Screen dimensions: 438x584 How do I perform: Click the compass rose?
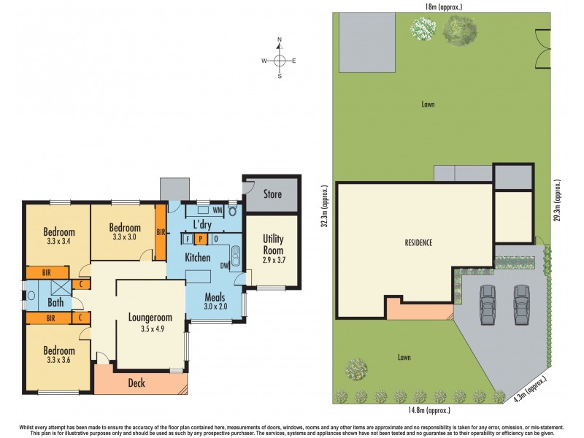(x=280, y=61)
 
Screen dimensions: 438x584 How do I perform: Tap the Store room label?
(x=272, y=194)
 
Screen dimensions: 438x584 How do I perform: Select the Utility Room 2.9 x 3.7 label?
(x=272, y=245)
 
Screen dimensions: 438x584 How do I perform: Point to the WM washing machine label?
(x=217, y=211)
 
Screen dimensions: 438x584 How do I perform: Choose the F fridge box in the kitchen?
(x=188, y=239)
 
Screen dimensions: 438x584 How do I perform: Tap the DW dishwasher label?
(x=225, y=266)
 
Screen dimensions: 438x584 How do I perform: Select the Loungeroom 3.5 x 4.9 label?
(x=150, y=322)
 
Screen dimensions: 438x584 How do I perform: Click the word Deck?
(x=137, y=382)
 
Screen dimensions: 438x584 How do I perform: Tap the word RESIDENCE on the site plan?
(x=419, y=242)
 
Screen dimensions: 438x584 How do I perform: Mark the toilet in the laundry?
(x=233, y=212)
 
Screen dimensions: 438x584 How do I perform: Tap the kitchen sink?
(x=236, y=257)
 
